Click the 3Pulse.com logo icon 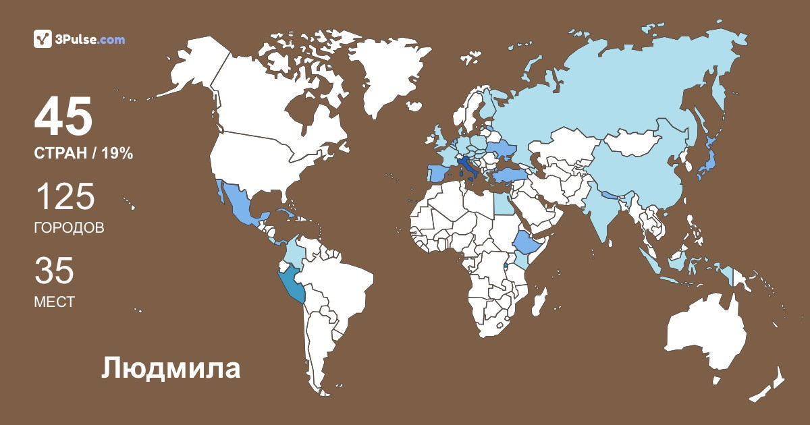tap(43, 39)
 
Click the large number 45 tap(63, 117)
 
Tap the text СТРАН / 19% tap(83, 154)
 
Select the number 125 tap(65, 196)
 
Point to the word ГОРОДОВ tap(69, 228)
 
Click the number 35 tap(54, 271)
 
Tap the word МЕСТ tap(54, 302)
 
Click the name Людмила tap(171, 368)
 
